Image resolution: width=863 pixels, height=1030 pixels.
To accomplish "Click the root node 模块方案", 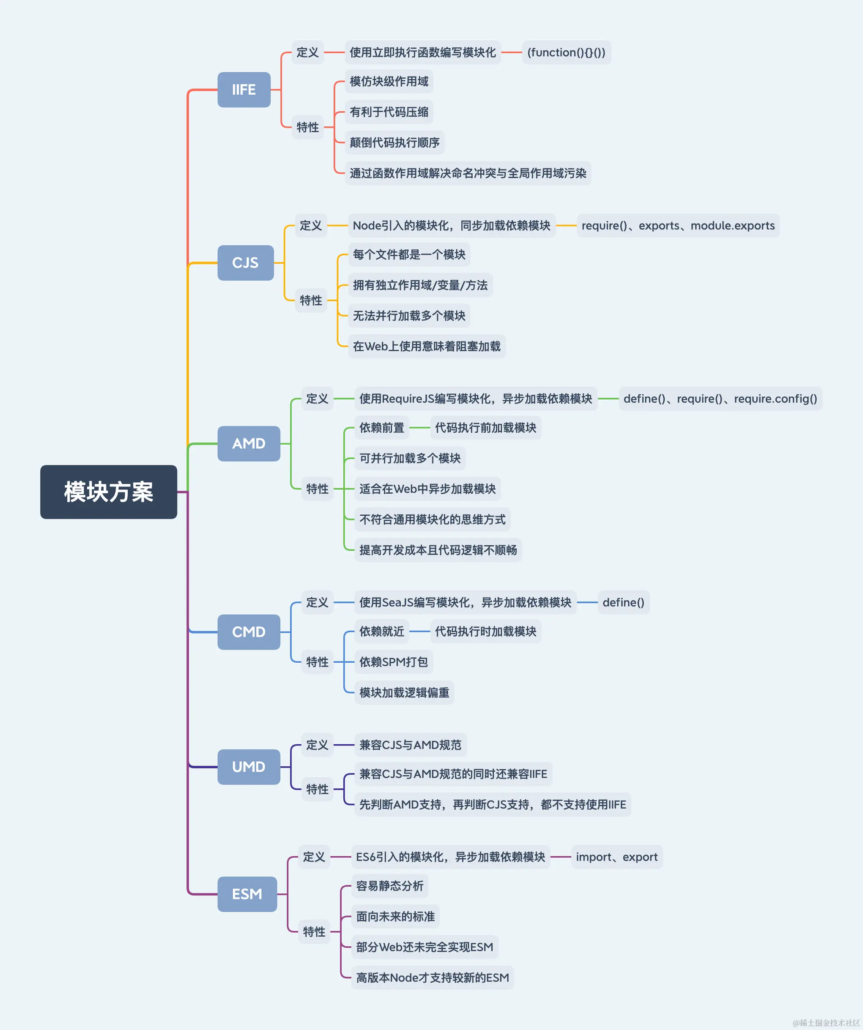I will [x=108, y=492].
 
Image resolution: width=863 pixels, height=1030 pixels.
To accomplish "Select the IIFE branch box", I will [x=244, y=90].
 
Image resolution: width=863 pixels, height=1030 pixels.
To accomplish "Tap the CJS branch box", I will [x=245, y=263].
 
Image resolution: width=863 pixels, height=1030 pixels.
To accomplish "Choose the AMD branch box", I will [x=249, y=443].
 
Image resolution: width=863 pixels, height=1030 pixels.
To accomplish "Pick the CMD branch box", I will [x=249, y=632].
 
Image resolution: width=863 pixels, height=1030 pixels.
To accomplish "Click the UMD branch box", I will [x=249, y=767].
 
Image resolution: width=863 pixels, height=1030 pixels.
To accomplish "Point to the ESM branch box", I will [x=247, y=894].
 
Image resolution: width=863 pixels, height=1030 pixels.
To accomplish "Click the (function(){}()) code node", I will [x=566, y=52].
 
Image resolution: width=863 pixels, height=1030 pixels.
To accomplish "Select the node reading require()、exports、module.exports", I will [x=678, y=226].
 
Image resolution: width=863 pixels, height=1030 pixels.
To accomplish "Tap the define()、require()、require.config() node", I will [x=720, y=399].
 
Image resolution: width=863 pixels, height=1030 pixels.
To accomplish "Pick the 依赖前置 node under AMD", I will [x=382, y=428].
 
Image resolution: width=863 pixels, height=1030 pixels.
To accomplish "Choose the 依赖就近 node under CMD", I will [x=382, y=631].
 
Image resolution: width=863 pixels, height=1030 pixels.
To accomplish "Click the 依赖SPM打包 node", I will [x=394, y=662].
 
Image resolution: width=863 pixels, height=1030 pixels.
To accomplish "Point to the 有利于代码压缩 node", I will [x=389, y=112].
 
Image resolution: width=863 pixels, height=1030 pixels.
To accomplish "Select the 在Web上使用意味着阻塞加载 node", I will [x=426, y=346].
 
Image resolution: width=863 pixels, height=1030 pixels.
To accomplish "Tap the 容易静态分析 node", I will [x=389, y=886].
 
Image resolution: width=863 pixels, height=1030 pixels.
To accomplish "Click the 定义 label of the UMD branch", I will [x=317, y=745].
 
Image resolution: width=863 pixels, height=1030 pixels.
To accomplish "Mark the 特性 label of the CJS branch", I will [x=310, y=300].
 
